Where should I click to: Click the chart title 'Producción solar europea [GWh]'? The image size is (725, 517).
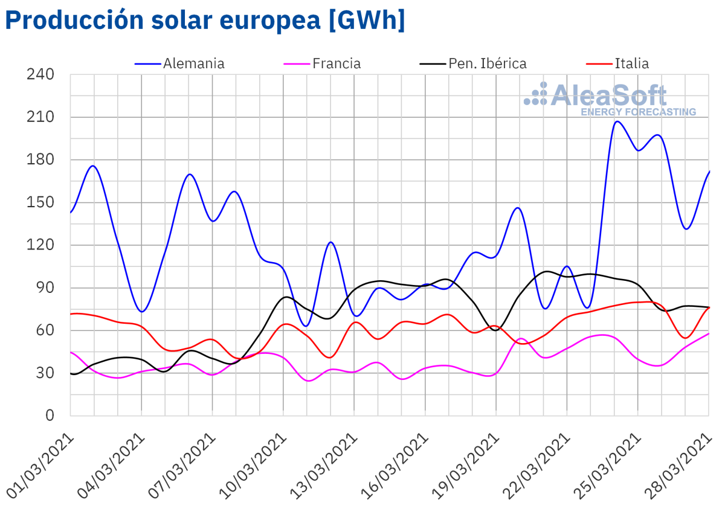click(205, 21)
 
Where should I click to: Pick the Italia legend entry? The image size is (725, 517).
click(631, 63)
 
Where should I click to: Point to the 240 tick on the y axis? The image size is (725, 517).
click(40, 75)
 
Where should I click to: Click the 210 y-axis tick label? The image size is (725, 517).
click(40, 117)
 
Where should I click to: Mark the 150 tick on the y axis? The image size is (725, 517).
click(40, 202)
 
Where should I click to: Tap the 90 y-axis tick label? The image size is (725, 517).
click(45, 287)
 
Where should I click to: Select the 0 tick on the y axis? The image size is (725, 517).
click(50, 416)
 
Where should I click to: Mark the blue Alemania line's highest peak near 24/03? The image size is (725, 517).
click(616, 121)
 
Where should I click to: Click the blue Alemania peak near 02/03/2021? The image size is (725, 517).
click(94, 165)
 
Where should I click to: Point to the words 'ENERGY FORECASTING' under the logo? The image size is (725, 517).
click(638, 112)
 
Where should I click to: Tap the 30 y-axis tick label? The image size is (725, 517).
click(45, 373)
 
